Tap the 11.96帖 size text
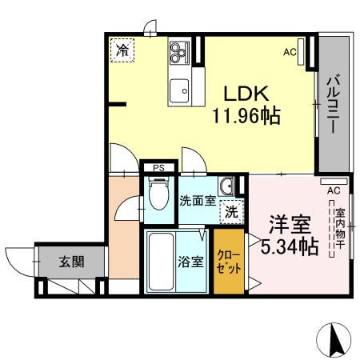(246, 118)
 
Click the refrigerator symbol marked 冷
(122, 50)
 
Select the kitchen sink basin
(178, 89)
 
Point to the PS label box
(159, 168)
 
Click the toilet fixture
(158, 195)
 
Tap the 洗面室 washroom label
(197, 200)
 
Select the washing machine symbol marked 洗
(230, 213)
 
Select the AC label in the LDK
(290, 53)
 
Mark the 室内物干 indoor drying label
(339, 228)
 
